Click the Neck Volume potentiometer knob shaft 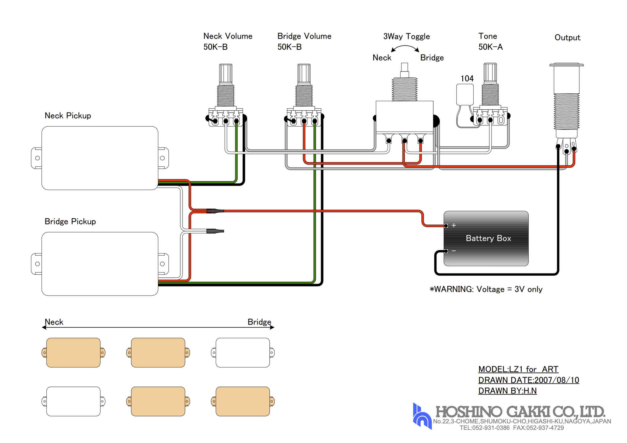225,74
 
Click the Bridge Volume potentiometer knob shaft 304,74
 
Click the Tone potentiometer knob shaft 490,73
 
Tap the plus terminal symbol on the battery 454,225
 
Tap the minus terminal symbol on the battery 454,251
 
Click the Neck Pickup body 100,158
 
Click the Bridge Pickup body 100,264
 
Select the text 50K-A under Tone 490,47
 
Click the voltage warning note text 486,289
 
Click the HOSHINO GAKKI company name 520,411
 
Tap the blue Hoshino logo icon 422,417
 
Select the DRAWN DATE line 528,380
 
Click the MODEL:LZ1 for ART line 518,369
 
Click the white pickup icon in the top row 243,352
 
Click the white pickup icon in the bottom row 73,401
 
